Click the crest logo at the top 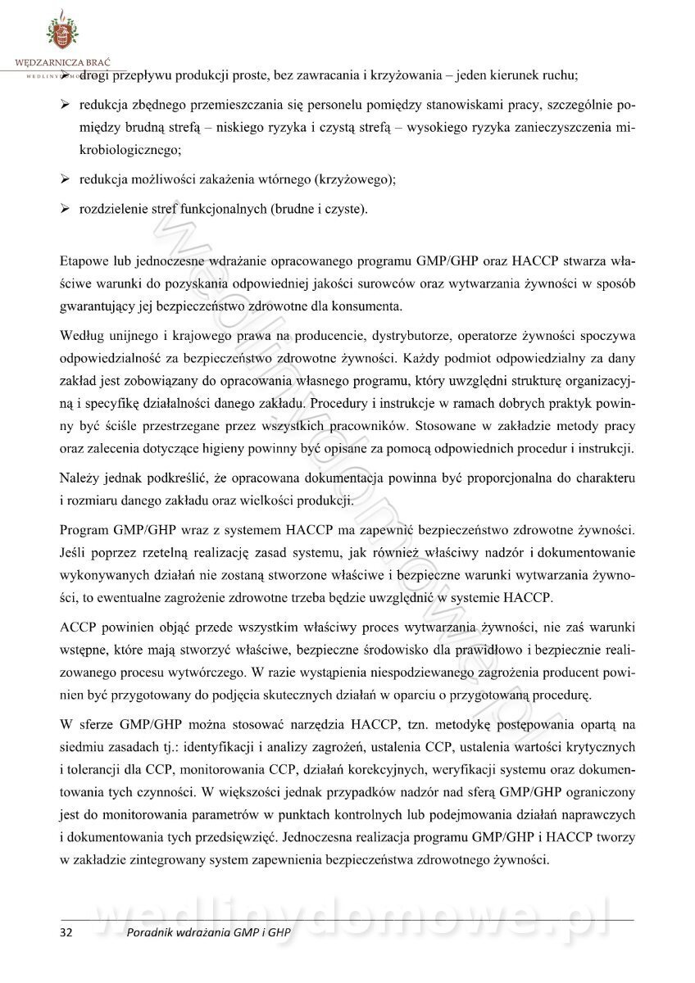pos(61,30)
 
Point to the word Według pos(82,336)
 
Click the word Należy pos(79,477)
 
